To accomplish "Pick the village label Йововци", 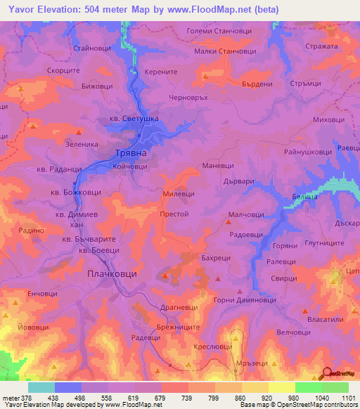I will click(x=33, y=327).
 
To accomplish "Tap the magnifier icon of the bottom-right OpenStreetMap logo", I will click(x=326, y=374).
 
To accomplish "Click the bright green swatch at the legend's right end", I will click(x=335, y=387).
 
